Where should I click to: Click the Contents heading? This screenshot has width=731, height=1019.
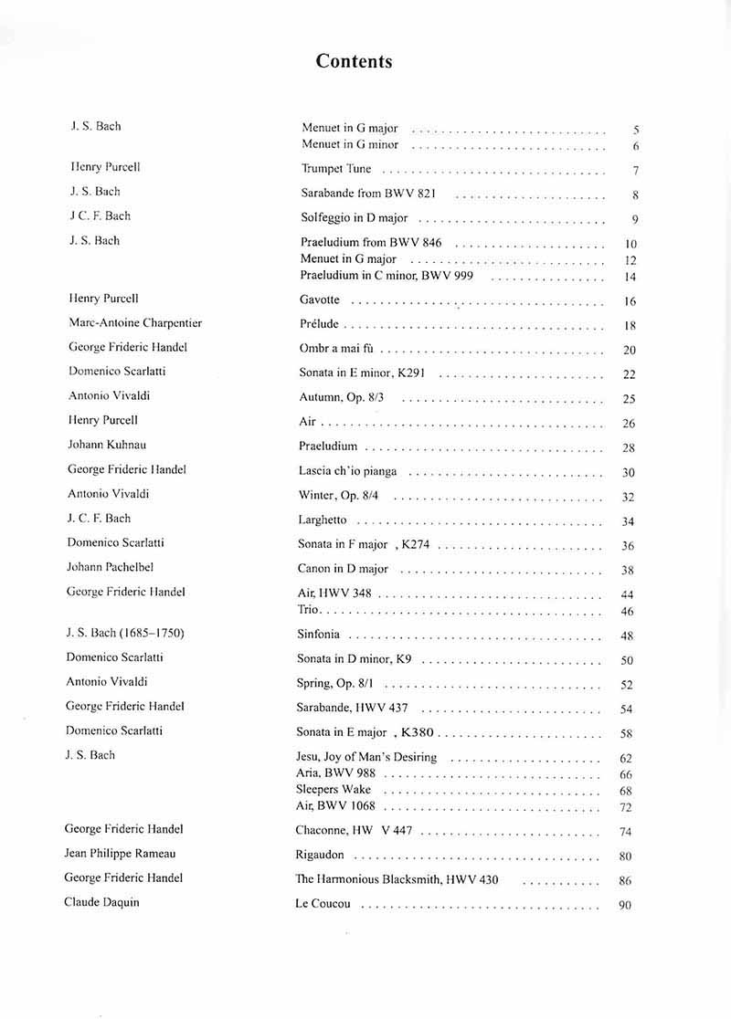pyautogui.click(x=354, y=61)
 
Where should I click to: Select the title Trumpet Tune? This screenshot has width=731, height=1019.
pyautogui.click(x=336, y=169)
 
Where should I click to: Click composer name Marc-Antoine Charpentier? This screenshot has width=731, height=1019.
pyautogui.click(x=135, y=323)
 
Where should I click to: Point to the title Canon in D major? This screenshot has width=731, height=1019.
pyautogui.click(x=343, y=569)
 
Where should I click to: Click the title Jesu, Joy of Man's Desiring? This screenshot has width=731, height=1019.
pyautogui.click(x=366, y=757)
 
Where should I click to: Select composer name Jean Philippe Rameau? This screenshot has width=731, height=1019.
pyautogui.click(x=120, y=854)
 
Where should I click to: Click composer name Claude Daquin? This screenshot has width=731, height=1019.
pyautogui.click(x=101, y=902)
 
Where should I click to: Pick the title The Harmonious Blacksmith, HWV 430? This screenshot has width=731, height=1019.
pyautogui.click(x=396, y=880)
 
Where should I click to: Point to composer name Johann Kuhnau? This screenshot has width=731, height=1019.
pyautogui.click(x=107, y=445)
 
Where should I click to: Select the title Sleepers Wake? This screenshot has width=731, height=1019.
pyautogui.click(x=334, y=790)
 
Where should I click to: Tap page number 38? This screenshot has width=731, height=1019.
pyautogui.click(x=627, y=571)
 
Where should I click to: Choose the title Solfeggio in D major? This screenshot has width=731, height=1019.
pyautogui.click(x=354, y=218)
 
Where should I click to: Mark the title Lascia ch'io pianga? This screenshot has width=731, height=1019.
pyautogui.click(x=347, y=471)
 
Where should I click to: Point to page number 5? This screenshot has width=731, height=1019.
pyautogui.click(x=635, y=131)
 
